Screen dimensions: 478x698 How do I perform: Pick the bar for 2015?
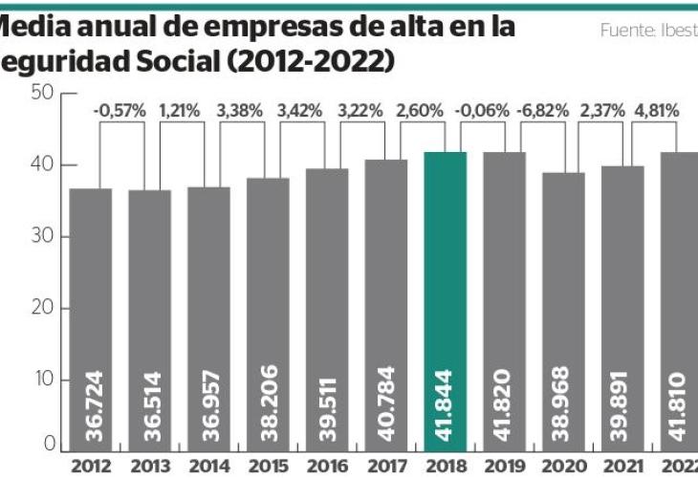pyautogui.click(x=268, y=315)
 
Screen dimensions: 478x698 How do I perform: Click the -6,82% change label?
pyautogui.click(x=535, y=110)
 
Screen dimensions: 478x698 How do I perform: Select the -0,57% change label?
pyautogui.click(x=120, y=110)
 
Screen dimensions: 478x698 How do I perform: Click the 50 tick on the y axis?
pyautogui.click(x=40, y=93)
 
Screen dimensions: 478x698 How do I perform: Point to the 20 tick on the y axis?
pyautogui.click(x=40, y=309)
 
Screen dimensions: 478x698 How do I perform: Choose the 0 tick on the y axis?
pyautogui.click(x=46, y=445)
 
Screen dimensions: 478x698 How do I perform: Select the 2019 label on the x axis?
pyautogui.click(x=504, y=466)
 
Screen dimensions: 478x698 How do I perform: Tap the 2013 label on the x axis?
pyautogui.click(x=150, y=466)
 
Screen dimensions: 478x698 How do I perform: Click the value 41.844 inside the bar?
pyautogui.click(x=447, y=402)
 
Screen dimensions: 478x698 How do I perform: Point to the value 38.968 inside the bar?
pyautogui.click(x=564, y=402)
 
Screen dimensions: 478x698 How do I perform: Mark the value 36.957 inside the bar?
pyautogui.click(x=210, y=402)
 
